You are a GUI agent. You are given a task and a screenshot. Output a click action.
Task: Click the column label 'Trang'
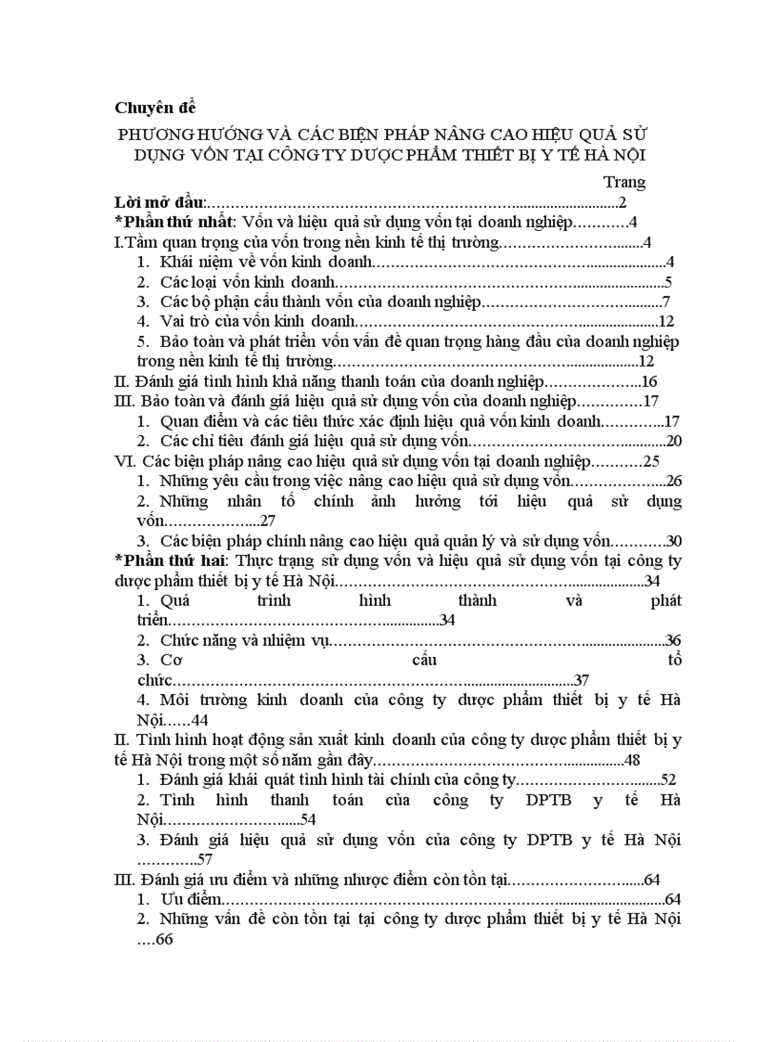point(623,182)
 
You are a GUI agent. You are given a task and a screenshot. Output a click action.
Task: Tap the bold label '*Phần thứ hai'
point(170,560)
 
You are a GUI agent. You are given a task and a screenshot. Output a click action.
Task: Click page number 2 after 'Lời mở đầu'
point(623,202)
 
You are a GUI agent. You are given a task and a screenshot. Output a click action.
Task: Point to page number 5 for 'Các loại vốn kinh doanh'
point(668,282)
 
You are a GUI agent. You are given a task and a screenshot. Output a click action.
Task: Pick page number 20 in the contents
point(674,441)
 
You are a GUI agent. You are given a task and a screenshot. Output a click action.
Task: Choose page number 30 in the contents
point(674,541)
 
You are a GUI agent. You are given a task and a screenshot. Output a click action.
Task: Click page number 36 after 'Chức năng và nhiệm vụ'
point(674,640)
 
